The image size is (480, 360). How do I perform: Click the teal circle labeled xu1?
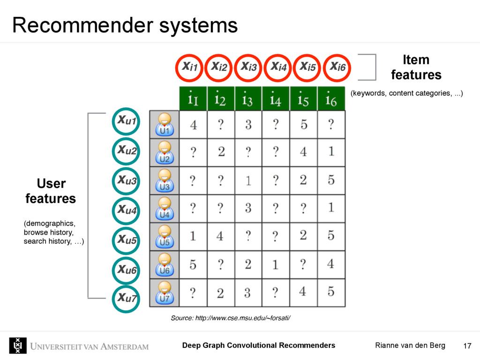point(126,121)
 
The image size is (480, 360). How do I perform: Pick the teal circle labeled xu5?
point(126,240)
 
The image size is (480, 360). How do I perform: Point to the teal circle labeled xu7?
point(126,298)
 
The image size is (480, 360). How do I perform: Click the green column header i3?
point(248,99)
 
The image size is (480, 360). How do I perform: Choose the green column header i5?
point(303,99)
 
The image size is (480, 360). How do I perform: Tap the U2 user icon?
point(164,152)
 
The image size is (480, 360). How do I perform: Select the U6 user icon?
point(164,264)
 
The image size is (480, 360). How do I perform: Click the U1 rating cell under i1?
point(193,125)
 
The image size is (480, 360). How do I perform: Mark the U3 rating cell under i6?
point(331,180)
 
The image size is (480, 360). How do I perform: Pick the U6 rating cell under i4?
point(276,264)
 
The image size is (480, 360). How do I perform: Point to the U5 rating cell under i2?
point(220,236)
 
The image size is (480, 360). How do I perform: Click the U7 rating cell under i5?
point(303,292)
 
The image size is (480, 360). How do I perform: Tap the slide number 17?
point(467,346)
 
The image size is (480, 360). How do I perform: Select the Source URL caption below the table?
point(231,318)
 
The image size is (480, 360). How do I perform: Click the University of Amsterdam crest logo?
point(18,345)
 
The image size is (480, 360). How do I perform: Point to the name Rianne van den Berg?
point(410,345)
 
